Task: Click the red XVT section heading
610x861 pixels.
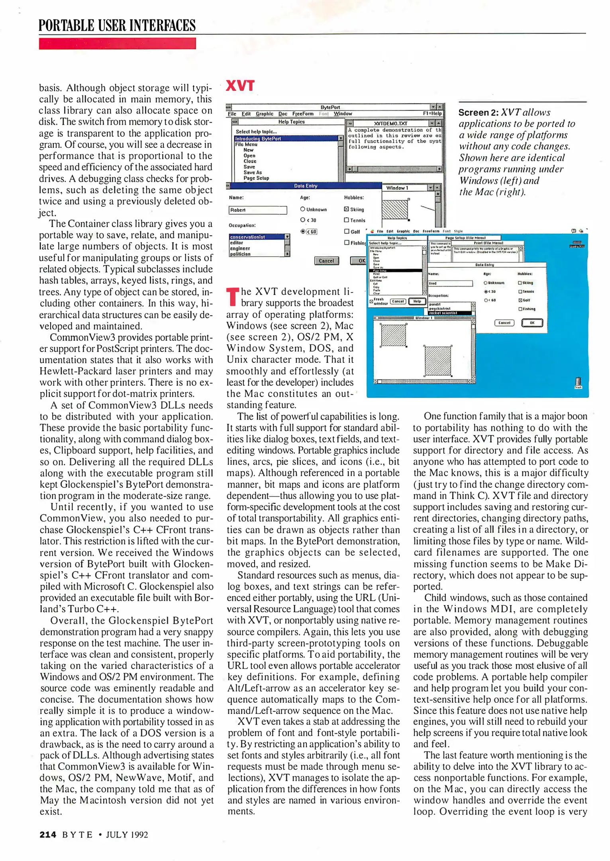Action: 240,86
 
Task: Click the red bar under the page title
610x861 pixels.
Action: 117,43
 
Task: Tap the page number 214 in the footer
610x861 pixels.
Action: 48,834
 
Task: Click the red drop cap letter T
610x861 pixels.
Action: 233,297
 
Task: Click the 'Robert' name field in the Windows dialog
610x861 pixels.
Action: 257,210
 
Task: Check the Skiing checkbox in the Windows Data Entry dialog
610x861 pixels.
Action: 346,209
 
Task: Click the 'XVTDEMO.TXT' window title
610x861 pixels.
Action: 390,124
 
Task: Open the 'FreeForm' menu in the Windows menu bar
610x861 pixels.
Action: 303,114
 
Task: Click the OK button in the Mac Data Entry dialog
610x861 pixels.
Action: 532,323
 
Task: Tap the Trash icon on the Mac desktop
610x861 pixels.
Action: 578,383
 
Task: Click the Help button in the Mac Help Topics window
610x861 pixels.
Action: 417,301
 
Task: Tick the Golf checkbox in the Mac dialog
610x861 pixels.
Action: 520,300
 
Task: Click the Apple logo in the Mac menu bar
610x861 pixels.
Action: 372,231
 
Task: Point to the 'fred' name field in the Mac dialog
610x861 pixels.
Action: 450,283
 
